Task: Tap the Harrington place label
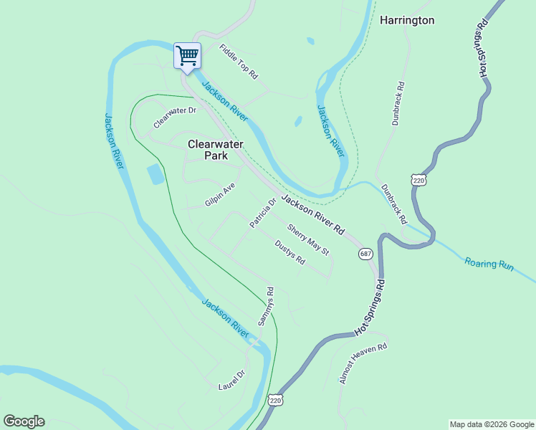point(407,20)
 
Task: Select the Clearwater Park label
point(216,149)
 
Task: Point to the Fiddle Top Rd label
point(239,62)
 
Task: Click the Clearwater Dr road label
point(175,118)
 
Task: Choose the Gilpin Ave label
point(220,194)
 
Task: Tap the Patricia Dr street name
point(263,214)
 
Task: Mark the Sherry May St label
point(307,240)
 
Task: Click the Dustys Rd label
point(290,252)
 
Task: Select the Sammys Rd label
point(266,307)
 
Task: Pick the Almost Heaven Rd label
point(363,363)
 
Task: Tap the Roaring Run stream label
point(489,264)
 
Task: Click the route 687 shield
point(366,254)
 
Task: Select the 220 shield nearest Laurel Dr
point(276,401)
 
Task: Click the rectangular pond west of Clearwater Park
point(155,174)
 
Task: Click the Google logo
point(24,421)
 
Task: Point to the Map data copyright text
point(491,424)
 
